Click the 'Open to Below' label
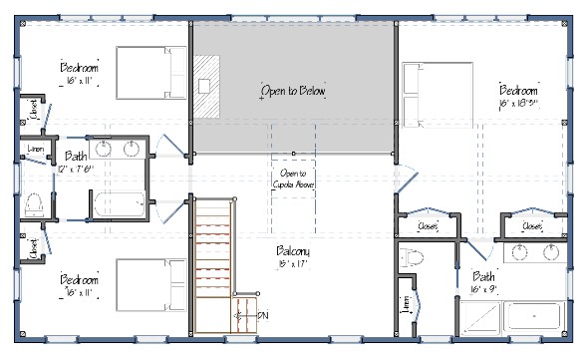click(x=293, y=91)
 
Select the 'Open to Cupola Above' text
click(x=293, y=180)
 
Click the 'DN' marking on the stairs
click(x=264, y=316)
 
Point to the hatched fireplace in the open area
click(x=206, y=85)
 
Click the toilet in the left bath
click(x=33, y=203)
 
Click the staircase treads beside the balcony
click(x=213, y=259)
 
